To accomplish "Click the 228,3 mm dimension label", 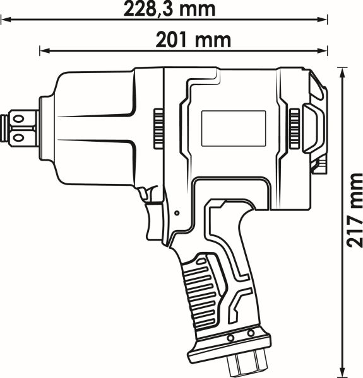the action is [x=169, y=9].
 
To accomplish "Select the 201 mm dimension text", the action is [x=193, y=40].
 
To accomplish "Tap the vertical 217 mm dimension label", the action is [x=354, y=210].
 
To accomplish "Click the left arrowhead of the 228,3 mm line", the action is [x=6, y=20].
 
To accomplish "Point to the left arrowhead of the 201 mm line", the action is [x=45, y=50].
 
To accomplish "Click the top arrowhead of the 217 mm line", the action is [x=342, y=72].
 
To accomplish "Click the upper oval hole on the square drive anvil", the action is [x=18, y=119].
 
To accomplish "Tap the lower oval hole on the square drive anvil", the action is [x=18, y=137].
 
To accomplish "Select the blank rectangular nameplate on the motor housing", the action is [x=234, y=129].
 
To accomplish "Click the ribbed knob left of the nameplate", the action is [x=158, y=129].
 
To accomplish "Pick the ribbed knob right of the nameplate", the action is [x=294, y=129].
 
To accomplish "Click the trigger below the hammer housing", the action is [x=155, y=222].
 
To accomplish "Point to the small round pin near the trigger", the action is [x=177, y=213].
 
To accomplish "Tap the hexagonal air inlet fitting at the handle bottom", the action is [x=247, y=362].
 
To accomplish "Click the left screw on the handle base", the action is [x=231, y=338].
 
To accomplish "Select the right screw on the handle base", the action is [x=251, y=333].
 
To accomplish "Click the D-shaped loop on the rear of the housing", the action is [x=314, y=129].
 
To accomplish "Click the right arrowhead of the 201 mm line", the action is [x=323, y=50].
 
